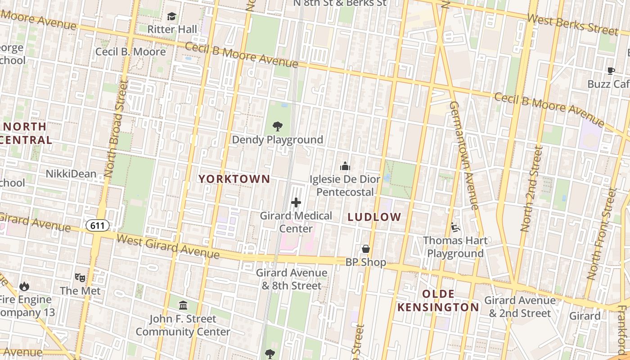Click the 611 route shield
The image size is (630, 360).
(x=98, y=225)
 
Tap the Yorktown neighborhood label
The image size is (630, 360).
(x=234, y=179)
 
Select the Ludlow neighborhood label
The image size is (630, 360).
(x=374, y=217)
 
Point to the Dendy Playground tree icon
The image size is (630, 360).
(x=278, y=126)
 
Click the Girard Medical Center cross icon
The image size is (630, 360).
(x=296, y=203)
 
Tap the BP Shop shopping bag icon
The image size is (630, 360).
(x=366, y=249)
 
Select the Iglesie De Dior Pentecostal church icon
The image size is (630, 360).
(x=345, y=166)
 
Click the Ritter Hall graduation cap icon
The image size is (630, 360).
(x=171, y=17)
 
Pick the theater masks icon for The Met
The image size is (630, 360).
(x=80, y=277)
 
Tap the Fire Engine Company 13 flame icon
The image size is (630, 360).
(x=24, y=286)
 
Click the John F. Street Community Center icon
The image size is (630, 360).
(x=183, y=306)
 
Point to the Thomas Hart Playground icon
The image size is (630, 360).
(x=455, y=227)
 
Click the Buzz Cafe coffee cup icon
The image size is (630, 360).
(x=611, y=71)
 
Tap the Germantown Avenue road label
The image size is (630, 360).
(x=464, y=155)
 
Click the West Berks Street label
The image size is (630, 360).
(x=572, y=24)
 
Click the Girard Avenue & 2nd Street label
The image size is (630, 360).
(x=520, y=306)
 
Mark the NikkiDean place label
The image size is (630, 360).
(x=71, y=174)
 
